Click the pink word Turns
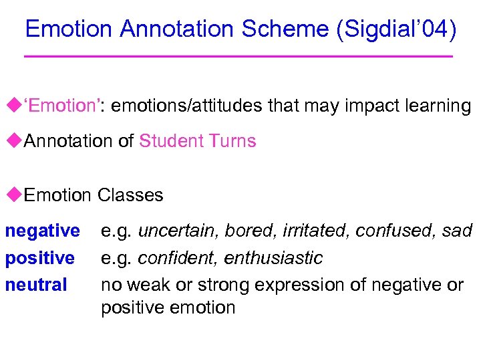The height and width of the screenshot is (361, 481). [232, 141]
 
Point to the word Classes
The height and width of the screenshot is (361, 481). [130, 195]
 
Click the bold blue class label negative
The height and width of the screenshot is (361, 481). [43, 231]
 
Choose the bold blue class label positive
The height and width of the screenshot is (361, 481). [40, 258]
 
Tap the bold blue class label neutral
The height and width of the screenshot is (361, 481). [36, 285]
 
